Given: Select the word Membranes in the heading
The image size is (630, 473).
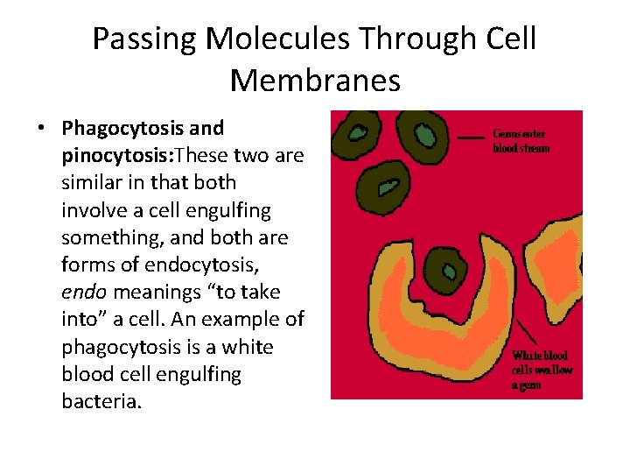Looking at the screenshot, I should tap(315, 80).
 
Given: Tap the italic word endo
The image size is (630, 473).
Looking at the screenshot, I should tap(80, 293).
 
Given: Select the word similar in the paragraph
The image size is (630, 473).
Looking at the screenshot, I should tap(90, 183).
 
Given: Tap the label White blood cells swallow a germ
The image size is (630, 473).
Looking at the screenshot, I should tap(542, 370).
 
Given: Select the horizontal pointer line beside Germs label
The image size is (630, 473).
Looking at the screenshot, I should tap(472, 138).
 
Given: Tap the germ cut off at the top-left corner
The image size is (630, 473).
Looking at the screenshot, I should tap(357, 132).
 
